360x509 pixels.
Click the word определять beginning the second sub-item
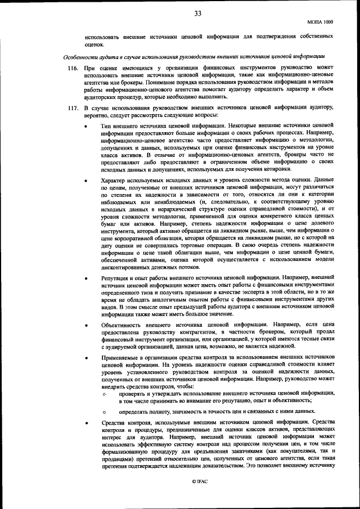(x=134, y=411)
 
